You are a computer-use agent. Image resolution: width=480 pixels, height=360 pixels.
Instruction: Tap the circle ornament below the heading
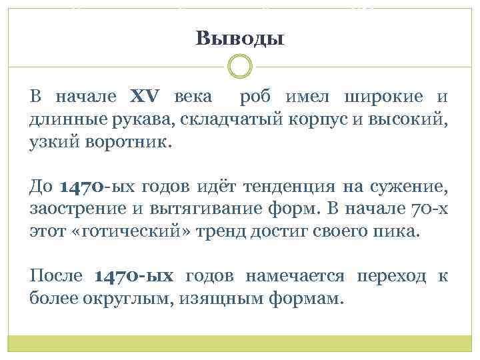click(240, 67)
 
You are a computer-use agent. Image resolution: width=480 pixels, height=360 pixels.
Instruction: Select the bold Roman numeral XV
click(142, 97)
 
